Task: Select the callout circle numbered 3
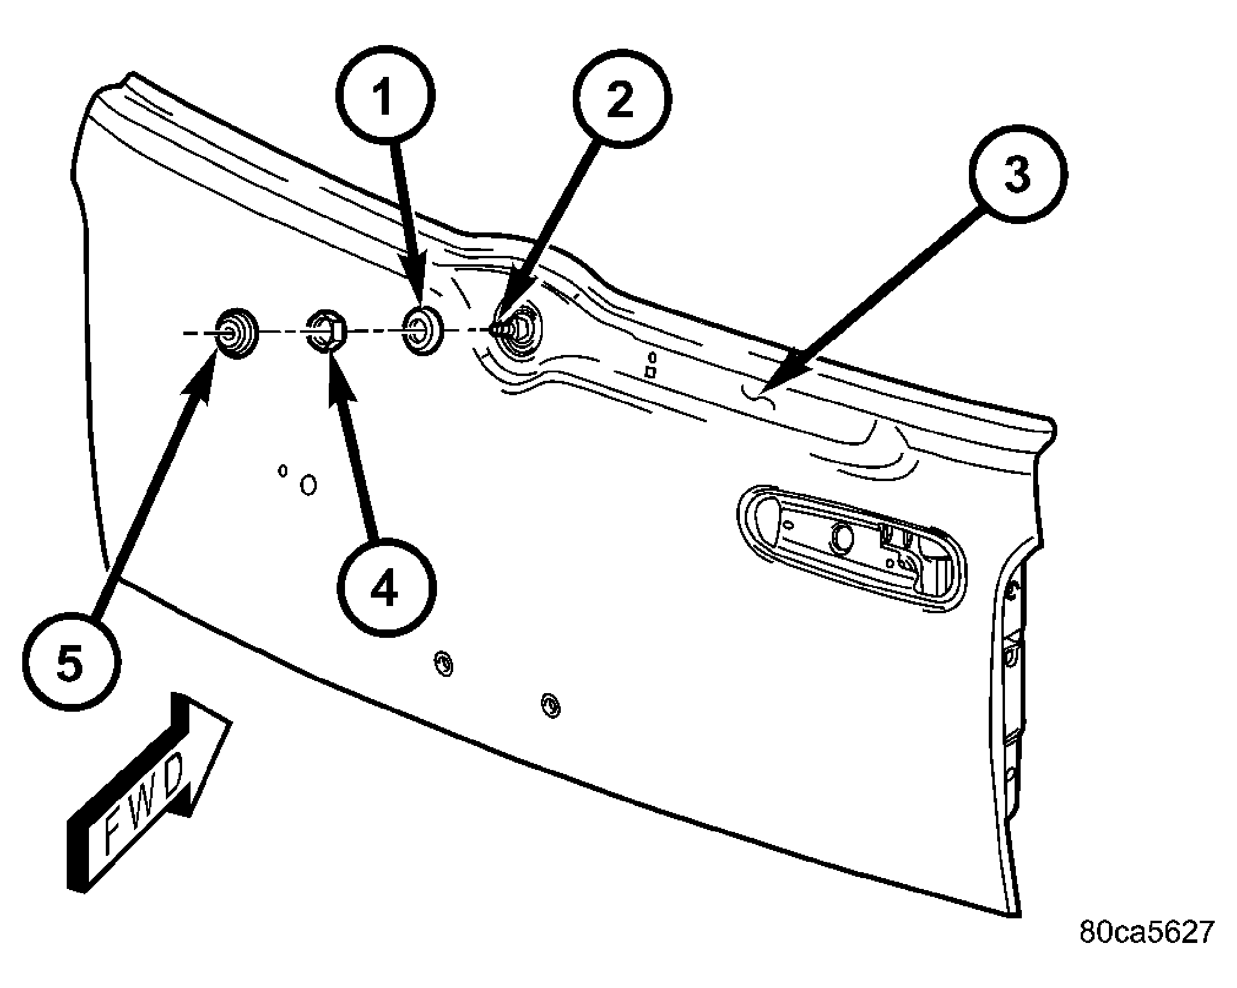pos(1018,174)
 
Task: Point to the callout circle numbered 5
pos(72,663)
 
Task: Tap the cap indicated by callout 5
pos(237,333)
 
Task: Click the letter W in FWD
pos(139,804)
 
